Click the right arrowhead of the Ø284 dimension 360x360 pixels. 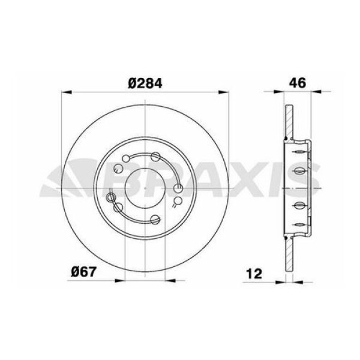[223, 92]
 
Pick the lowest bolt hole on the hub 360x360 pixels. [157, 220]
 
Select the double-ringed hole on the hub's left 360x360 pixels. [110, 197]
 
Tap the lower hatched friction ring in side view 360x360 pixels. [288, 252]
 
